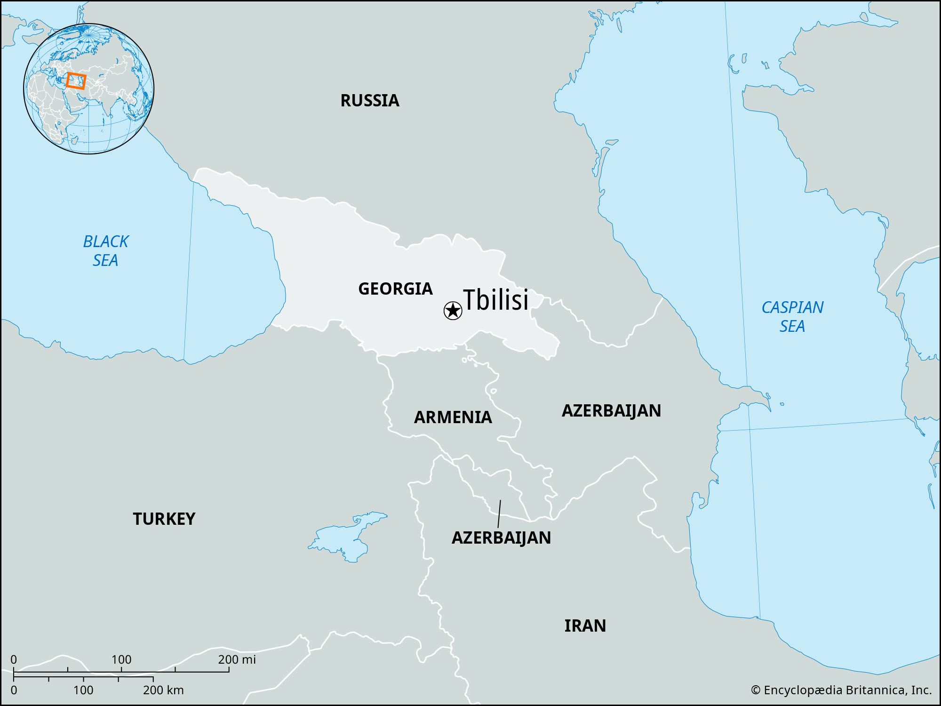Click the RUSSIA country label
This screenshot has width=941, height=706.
point(370,100)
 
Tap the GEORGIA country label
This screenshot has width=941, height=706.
point(395,289)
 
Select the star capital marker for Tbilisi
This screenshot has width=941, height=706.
point(453,311)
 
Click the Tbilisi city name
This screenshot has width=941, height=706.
point(496,300)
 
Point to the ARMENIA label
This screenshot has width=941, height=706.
point(453,417)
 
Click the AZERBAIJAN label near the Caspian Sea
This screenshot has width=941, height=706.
point(611,410)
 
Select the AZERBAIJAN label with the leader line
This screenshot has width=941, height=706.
point(501,538)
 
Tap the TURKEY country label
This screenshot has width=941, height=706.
point(164,519)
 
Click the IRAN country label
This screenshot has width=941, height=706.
point(585,626)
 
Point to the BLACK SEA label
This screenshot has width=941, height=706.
point(105,251)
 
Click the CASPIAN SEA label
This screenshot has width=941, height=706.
point(792,316)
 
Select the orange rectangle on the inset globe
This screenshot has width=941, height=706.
point(76,81)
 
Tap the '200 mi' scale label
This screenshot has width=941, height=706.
point(237,659)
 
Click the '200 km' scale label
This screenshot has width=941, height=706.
point(163,690)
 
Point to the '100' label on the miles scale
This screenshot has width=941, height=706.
point(121,659)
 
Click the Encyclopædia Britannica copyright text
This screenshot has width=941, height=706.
point(841,690)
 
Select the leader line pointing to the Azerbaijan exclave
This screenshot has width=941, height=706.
point(499,513)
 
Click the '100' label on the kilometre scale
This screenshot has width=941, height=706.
point(83,690)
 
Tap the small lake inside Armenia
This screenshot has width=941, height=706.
point(493,391)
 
